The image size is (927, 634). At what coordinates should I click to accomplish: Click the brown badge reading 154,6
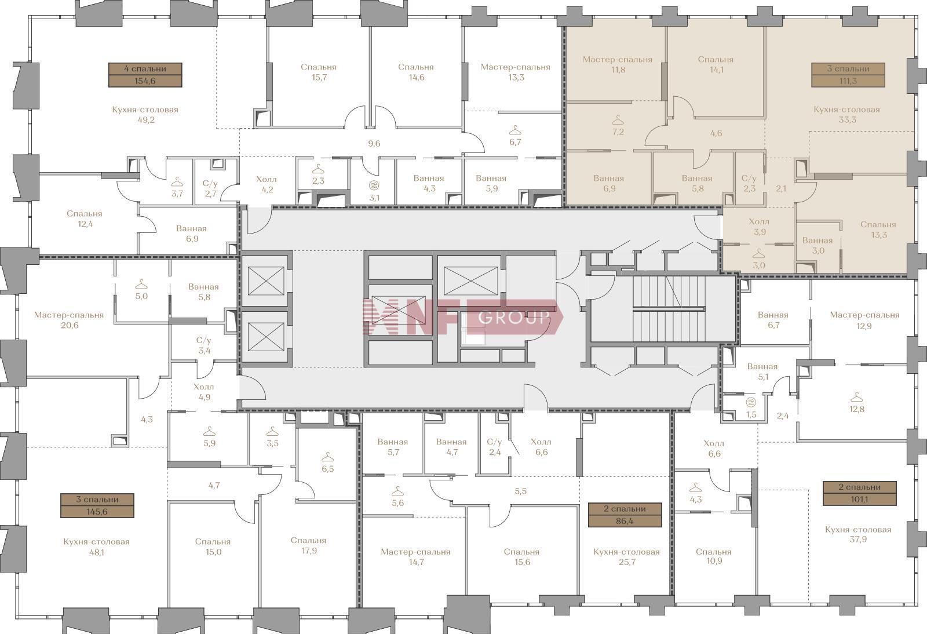point(145,75)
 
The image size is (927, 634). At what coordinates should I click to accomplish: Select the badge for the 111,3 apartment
point(848,75)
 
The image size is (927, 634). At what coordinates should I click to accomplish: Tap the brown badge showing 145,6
point(97,505)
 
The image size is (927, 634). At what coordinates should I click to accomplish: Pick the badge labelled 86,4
point(625,515)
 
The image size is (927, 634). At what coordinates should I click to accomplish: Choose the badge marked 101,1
point(860,493)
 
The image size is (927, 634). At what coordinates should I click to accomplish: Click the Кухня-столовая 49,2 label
point(145,115)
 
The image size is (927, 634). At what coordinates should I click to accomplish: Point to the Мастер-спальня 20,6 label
point(69,320)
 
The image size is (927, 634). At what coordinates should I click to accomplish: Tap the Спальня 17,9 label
point(309,545)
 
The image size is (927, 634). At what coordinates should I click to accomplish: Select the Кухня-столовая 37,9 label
point(858,534)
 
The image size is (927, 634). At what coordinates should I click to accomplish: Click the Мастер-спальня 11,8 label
point(618,64)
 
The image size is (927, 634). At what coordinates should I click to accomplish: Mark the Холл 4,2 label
point(267,184)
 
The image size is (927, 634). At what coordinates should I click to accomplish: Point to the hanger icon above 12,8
point(856,398)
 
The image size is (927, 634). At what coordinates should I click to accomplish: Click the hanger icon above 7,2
point(618,120)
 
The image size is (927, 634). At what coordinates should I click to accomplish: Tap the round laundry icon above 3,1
point(374,185)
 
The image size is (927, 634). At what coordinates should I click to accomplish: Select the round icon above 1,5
point(751,402)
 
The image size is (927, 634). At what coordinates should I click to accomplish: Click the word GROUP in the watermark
point(514,317)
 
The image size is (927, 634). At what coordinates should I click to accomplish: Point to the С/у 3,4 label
point(203,345)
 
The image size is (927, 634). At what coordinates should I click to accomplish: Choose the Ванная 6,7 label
point(773,320)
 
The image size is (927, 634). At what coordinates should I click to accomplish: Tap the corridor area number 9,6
point(374,144)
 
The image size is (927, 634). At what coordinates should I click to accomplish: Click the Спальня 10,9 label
point(714,556)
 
